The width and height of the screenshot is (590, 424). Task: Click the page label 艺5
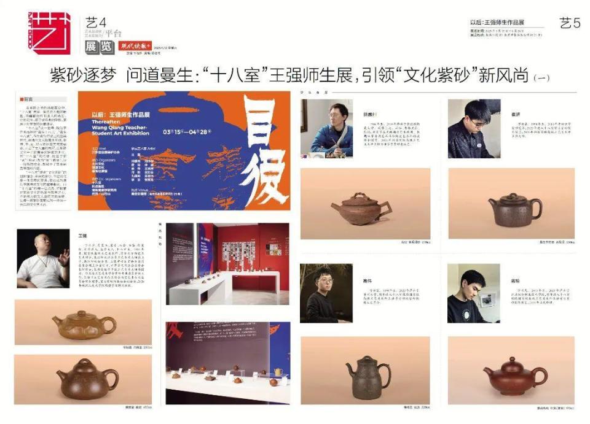(570, 23)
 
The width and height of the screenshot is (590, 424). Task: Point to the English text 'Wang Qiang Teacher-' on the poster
(120, 127)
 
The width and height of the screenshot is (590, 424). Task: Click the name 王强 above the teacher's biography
(82, 235)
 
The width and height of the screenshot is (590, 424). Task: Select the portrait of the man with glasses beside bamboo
(326, 293)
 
